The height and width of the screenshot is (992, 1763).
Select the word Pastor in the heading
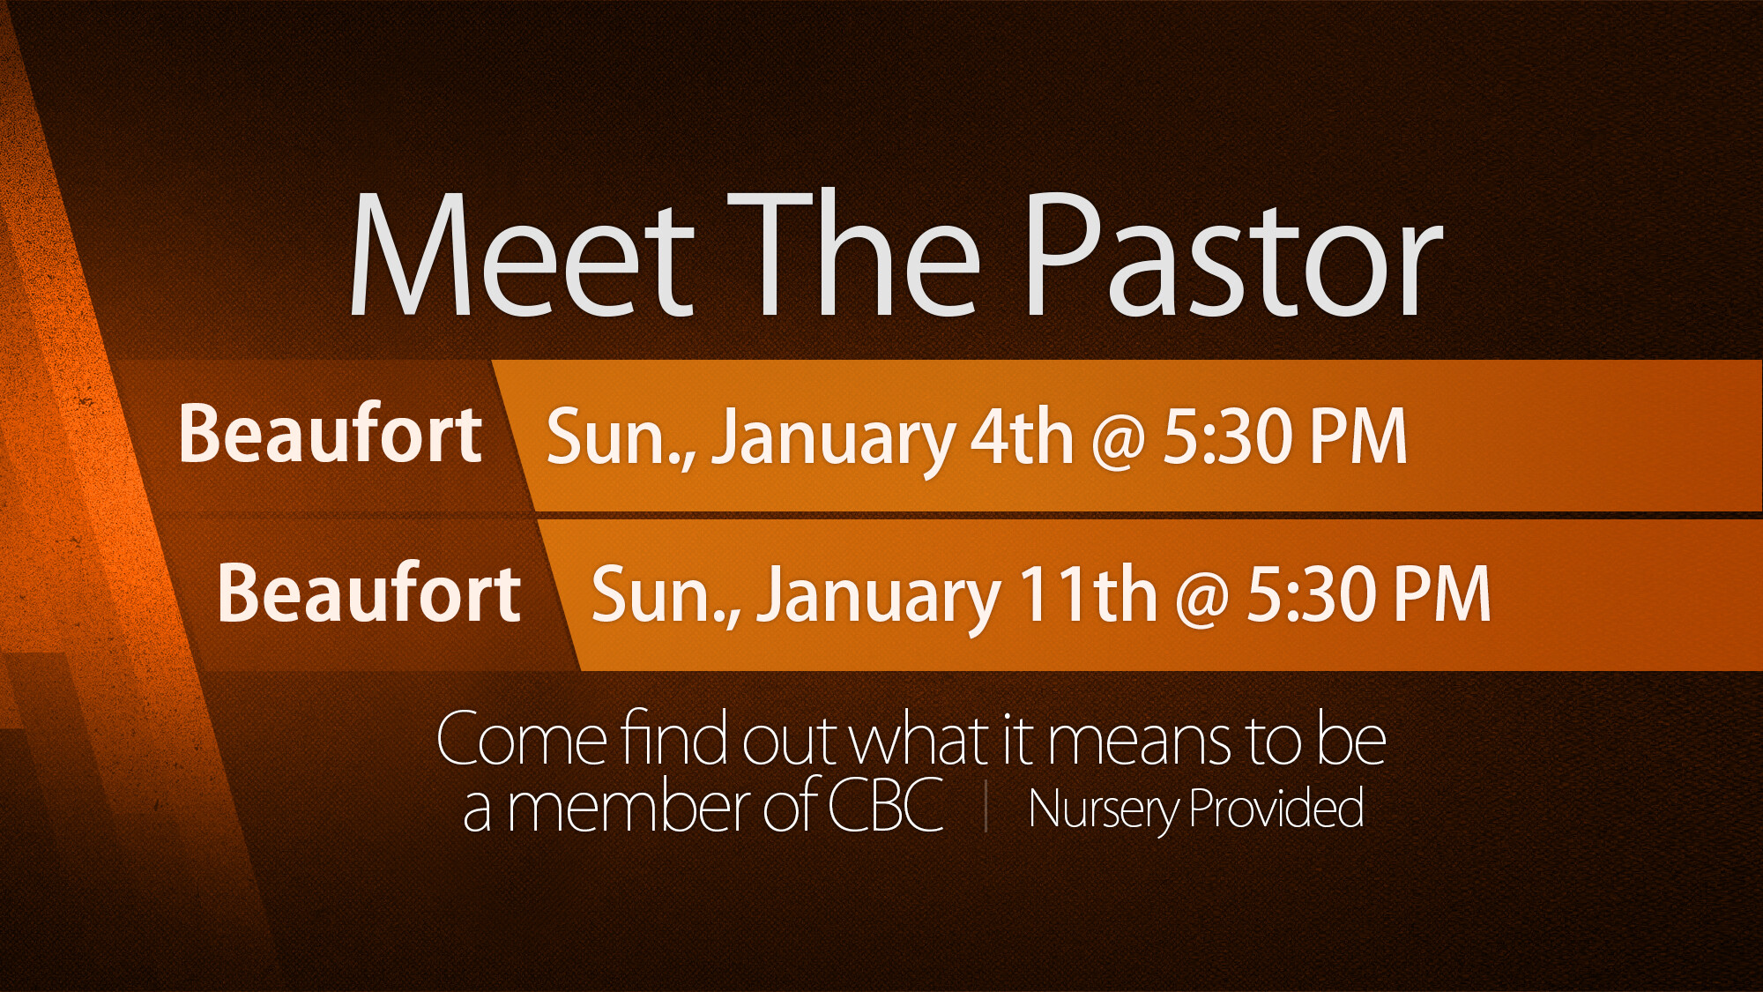(x=1234, y=256)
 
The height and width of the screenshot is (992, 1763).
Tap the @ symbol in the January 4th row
(x=1118, y=441)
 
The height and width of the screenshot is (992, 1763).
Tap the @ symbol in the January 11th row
(x=1201, y=599)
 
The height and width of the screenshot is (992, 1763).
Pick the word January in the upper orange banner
(x=833, y=441)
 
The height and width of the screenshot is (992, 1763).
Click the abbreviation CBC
(x=885, y=804)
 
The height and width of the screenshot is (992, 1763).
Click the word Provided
(x=1276, y=809)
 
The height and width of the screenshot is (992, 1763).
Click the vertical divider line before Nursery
(x=986, y=808)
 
